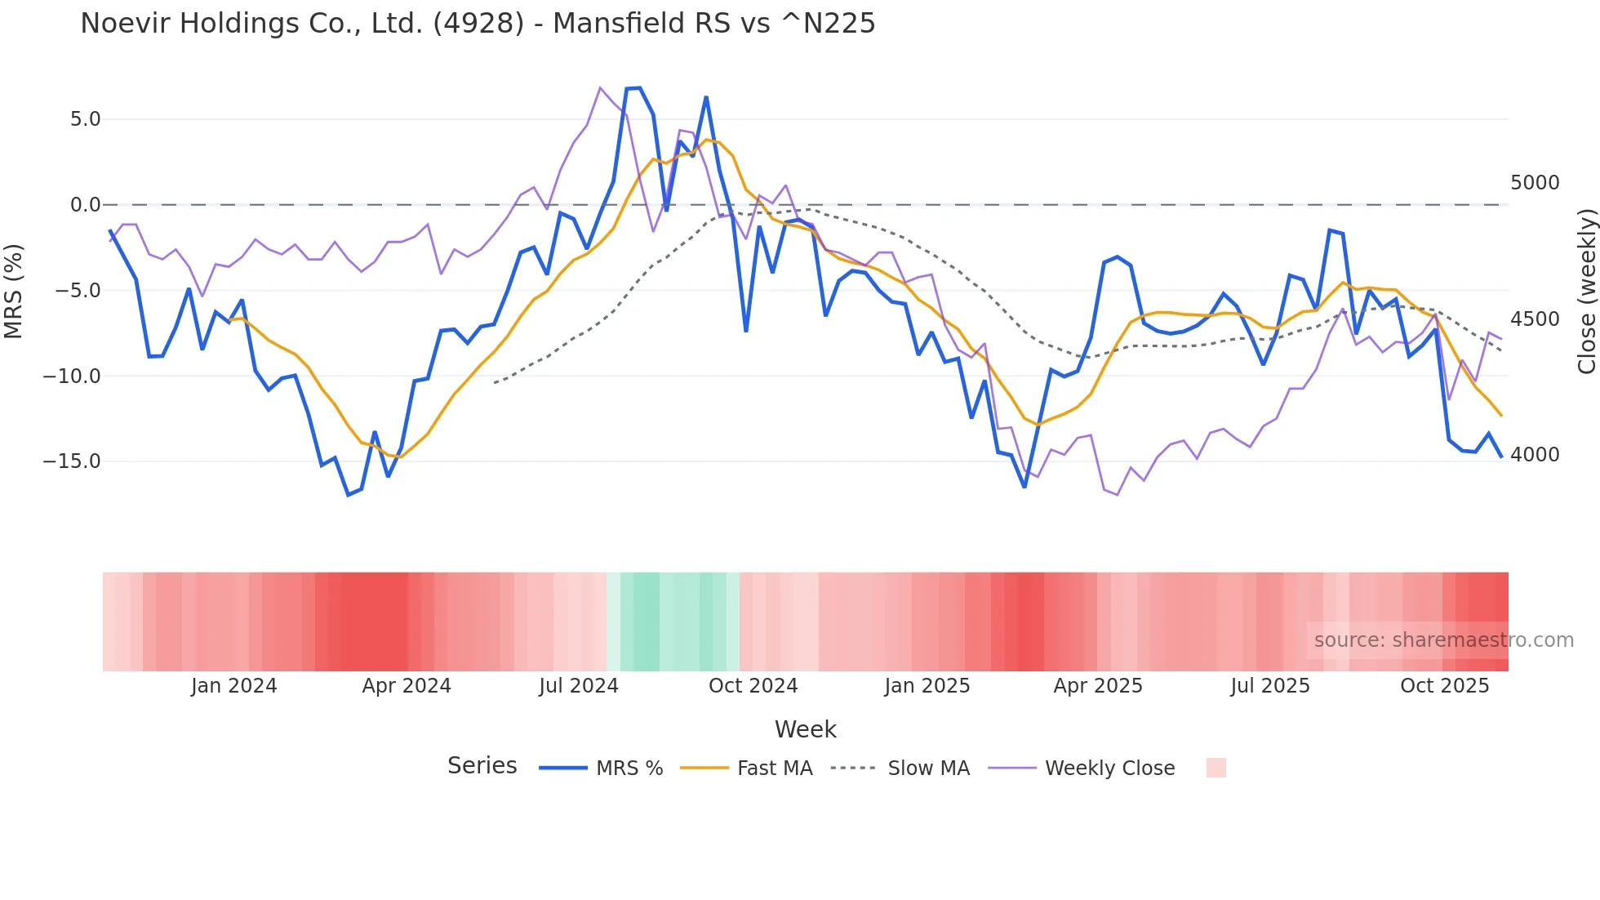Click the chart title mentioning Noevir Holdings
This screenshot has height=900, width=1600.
point(478,24)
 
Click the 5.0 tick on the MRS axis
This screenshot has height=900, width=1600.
point(85,119)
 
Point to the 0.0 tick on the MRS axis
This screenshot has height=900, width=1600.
point(85,205)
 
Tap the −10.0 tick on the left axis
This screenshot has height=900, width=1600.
point(72,376)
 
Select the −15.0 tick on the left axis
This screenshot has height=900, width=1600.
point(72,461)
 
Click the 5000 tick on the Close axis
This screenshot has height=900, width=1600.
point(1535,183)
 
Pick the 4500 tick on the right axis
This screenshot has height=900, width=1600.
point(1535,319)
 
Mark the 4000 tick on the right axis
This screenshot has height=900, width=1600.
point(1535,455)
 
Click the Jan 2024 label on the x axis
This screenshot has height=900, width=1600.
point(234,686)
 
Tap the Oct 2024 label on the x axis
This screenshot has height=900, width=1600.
point(753,686)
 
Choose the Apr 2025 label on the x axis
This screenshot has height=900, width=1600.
point(1098,686)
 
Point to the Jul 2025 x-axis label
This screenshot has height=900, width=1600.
point(1270,686)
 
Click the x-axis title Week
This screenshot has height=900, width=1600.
point(805,729)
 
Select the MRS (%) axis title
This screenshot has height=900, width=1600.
point(14,291)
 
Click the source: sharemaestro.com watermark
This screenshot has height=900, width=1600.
point(1443,640)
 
